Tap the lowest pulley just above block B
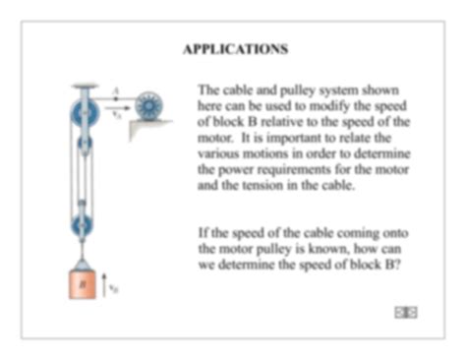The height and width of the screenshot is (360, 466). point(83,224)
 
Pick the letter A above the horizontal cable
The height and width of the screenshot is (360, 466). point(115,91)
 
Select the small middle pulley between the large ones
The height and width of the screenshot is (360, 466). point(84,146)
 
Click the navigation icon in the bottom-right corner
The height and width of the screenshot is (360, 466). point(405,312)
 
